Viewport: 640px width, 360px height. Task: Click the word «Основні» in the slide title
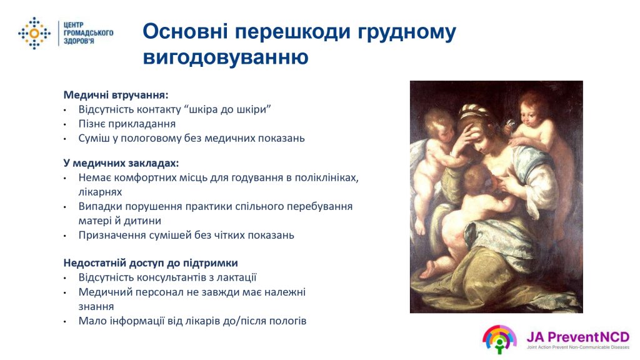pyautogui.click(x=185, y=31)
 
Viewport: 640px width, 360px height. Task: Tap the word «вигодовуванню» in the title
pyautogui.click(x=226, y=57)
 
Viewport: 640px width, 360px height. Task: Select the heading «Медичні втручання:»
pyautogui.click(x=116, y=95)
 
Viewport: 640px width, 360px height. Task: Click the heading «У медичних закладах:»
pyautogui.click(x=121, y=163)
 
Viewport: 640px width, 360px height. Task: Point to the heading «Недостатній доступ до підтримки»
pyautogui.click(x=151, y=263)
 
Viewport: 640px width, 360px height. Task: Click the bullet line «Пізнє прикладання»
pyautogui.click(x=127, y=124)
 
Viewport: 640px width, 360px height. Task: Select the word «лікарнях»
pyautogui.click(x=100, y=192)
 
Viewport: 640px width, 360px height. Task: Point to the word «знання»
pyautogui.click(x=96, y=306)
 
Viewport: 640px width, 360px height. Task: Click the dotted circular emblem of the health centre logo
pyautogui.click(x=34, y=33)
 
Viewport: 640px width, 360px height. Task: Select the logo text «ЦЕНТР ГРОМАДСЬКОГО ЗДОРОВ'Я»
pyautogui.click(x=88, y=33)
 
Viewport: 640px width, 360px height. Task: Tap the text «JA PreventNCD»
pyautogui.click(x=577, y=337)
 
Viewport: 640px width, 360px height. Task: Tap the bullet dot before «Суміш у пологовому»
pyautogui.click(x=65, y=139)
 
